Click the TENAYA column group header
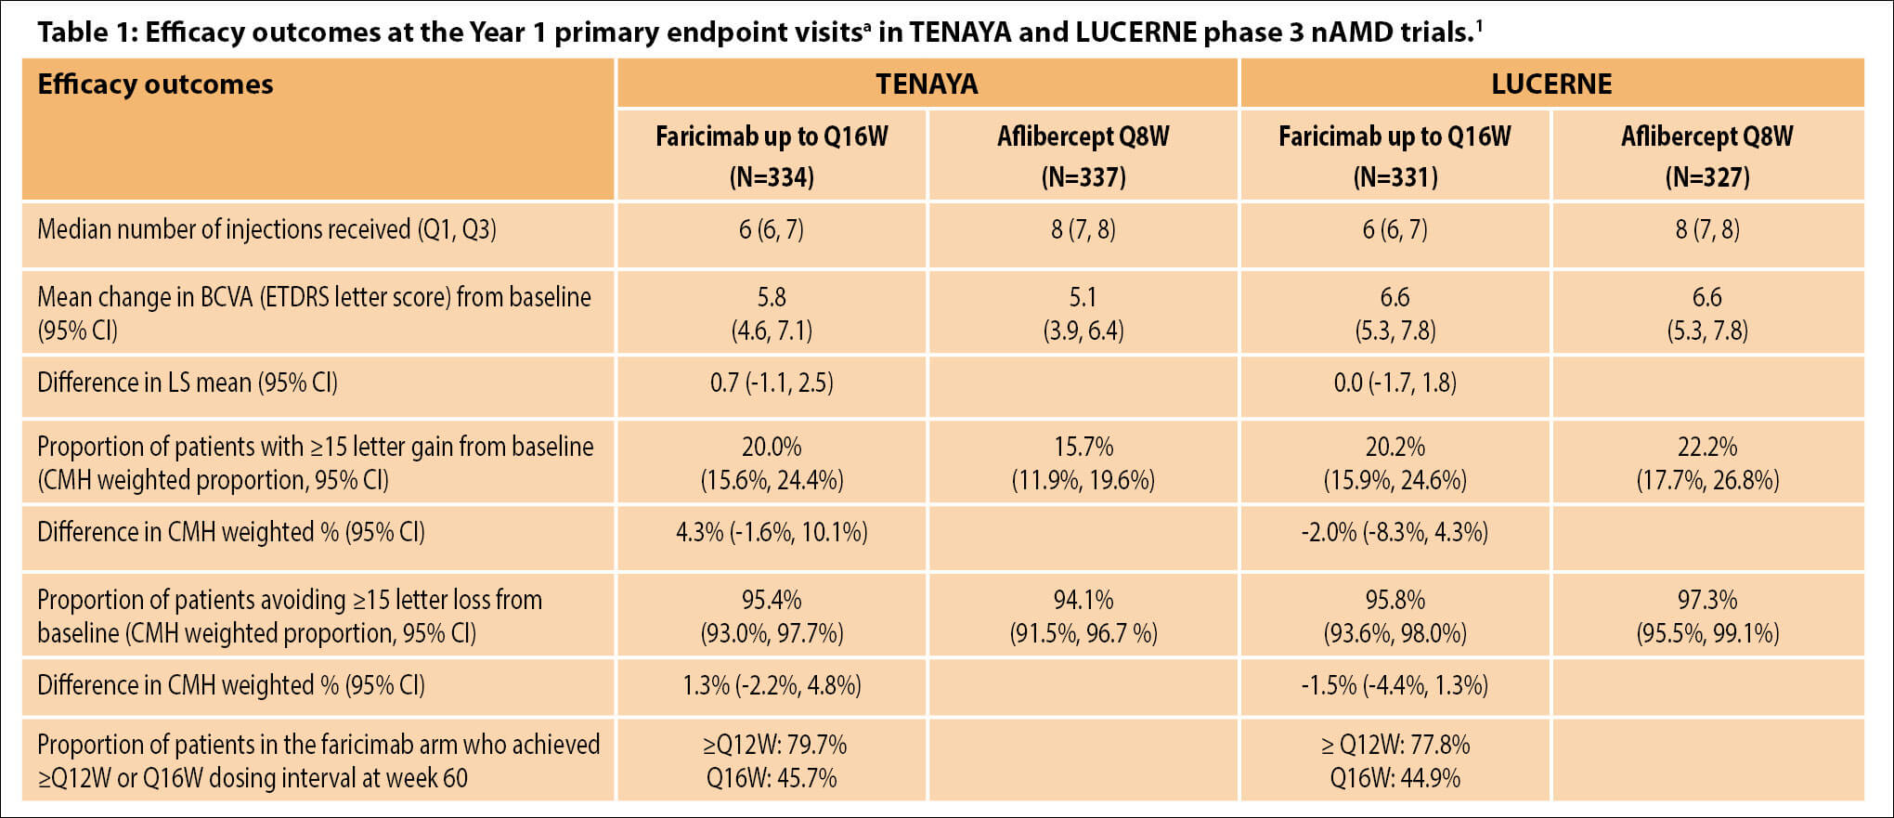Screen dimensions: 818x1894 pos(927,84)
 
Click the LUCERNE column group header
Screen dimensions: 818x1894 pos(1550,84)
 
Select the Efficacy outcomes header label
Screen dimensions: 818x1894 pos(155,84)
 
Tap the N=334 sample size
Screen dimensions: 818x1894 pos(772,177)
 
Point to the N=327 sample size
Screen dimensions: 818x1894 pos(1706,177)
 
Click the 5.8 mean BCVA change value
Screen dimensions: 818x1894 pos(772,297)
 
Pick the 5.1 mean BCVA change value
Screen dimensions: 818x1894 pos(1083,297)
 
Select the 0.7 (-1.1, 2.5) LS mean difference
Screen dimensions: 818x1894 pos(772,383)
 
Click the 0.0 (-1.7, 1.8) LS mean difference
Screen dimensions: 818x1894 pos(1395,383)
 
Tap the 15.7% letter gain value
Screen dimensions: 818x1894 pos(1083,447)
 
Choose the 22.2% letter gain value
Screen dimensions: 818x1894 pos(1706,447)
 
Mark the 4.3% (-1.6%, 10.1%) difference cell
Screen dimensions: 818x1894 pos(772,532)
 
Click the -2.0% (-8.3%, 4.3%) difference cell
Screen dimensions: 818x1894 pos(1395,532)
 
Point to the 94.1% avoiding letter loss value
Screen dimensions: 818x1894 pos(1083,600)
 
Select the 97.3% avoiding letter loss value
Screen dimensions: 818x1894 pos(1706,600)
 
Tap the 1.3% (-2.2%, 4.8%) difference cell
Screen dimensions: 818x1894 pos(772,685)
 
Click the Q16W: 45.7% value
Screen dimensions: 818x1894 pos(772,778)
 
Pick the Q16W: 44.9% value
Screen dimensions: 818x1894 pos(1395,778)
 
